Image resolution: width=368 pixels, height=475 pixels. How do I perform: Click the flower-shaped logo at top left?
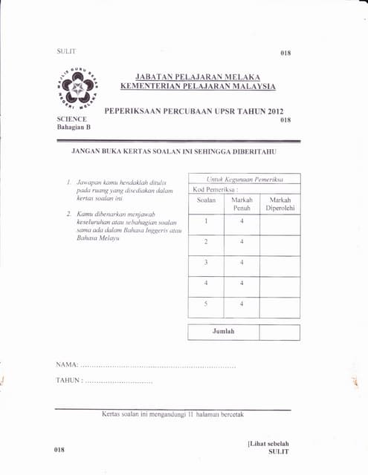click(x=77, y=91)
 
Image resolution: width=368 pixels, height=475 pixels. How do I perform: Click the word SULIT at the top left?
click(x=66, y=51)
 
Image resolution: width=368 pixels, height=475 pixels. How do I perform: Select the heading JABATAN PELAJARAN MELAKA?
click(x=198, y=76)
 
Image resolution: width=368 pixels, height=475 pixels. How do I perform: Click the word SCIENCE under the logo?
click(x=72, y=119)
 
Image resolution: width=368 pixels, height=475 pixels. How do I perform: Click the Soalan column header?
click(x=206, y=200)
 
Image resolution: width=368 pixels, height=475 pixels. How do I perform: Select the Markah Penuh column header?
click(x=242, y=204)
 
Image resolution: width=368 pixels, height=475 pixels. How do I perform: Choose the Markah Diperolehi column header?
click(x=280, y=204)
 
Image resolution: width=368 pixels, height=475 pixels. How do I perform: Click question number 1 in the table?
click(x=206, y=220)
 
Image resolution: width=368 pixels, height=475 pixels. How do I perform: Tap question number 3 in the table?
click(x=206, y=262)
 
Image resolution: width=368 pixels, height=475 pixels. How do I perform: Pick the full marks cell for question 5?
click(x=242, y=304)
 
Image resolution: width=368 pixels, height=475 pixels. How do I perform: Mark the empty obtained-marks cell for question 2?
click(x=280, y=241)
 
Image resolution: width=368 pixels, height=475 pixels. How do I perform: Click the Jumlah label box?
click(x=223, y=332)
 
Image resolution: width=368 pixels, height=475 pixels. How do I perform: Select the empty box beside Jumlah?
click(x=280, y=332)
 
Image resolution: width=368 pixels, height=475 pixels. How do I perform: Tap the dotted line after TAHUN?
click(x=119, y=381)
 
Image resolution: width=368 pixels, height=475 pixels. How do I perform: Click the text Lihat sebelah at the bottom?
click(x=269, y=444)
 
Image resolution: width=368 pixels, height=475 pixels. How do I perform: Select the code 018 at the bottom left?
click(x=59, y=450)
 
